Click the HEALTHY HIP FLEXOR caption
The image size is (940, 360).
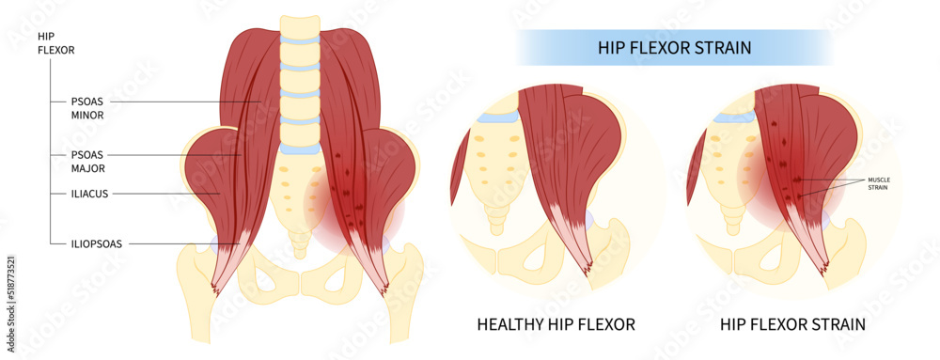556,325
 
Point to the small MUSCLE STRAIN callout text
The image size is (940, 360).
878,183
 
